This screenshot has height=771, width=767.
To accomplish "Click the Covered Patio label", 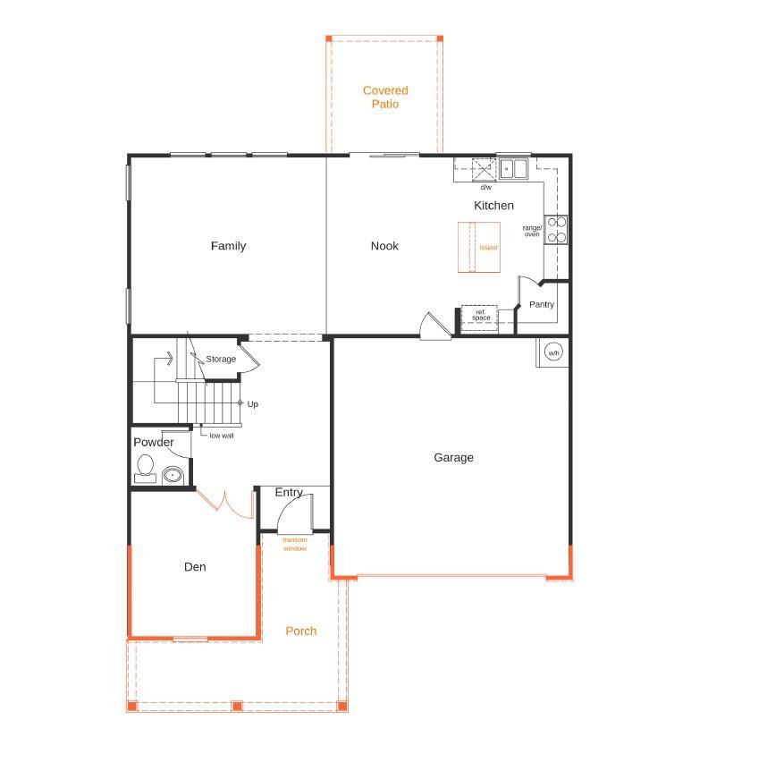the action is [385, 97].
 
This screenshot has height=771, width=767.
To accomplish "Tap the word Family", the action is [228, 246].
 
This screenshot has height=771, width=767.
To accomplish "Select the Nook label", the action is [384, 246].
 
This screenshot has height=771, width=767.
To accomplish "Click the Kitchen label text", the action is [493, 206].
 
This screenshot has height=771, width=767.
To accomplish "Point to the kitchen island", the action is [479, 247].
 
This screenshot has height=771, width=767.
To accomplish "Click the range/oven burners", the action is [557, 230].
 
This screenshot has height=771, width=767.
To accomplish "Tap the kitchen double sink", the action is [513, 169].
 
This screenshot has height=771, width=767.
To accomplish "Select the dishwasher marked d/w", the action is [484, 170].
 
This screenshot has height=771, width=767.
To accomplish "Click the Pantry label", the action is [542, 304].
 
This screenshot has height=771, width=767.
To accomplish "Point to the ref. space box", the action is [479, 318].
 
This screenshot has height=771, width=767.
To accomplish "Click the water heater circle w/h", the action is [553, 352].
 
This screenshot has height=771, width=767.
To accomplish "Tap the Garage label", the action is [453, 457].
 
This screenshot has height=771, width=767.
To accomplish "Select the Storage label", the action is [221, 359].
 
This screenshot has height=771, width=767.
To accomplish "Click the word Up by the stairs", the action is [253, 403].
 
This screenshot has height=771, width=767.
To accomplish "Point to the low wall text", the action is [221, 436].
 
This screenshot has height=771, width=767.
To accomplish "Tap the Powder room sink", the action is [173, 475].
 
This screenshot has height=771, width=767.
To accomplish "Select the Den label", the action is [195, 567].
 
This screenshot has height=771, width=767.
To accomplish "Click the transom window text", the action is [295, 544].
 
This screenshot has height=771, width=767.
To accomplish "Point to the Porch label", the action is [300, 631].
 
